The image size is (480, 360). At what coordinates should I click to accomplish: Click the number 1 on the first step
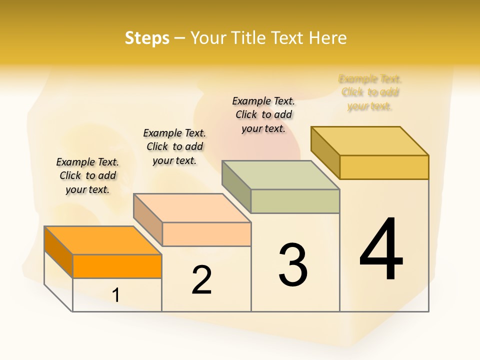click(116, 295)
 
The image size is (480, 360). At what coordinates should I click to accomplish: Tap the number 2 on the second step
click(202, 279)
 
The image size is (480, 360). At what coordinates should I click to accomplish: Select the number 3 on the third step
click(293, 265)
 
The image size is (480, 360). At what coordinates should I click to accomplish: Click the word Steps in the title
click(147, 38)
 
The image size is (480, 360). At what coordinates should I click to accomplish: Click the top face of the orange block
click(103, 240)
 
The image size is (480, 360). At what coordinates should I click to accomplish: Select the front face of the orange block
click(117, 266)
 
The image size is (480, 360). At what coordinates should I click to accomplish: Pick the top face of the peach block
click(192, 208)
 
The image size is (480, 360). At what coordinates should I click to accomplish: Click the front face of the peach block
click(206, 234)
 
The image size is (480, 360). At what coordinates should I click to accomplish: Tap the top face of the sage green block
click(281, 175)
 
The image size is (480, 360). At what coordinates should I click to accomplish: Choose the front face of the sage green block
click(295, 201)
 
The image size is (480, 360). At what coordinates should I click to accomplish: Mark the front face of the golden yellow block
click(384, 167)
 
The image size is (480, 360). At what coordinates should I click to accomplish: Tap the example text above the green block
click(264, 114)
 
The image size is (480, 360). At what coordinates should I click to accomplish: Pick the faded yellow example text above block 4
click(370, 92)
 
